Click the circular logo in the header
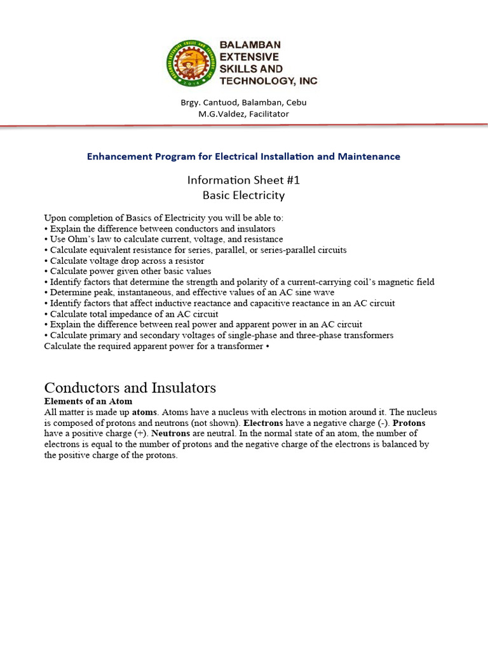(191, 64)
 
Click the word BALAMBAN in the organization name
(250, 45)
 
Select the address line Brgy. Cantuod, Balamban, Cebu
(244, 102)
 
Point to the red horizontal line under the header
(244, 127)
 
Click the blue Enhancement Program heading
(244, 156)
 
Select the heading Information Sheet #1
(244, 180)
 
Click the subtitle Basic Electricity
(244, 195)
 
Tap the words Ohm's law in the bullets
(88, 239)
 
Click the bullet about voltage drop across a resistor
(127, 261)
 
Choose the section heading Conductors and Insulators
(130, 388)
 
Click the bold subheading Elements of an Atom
(88, 401)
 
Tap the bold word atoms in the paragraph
(146, 413)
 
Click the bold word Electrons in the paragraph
(263, 423)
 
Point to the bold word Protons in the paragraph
(409, 423)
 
